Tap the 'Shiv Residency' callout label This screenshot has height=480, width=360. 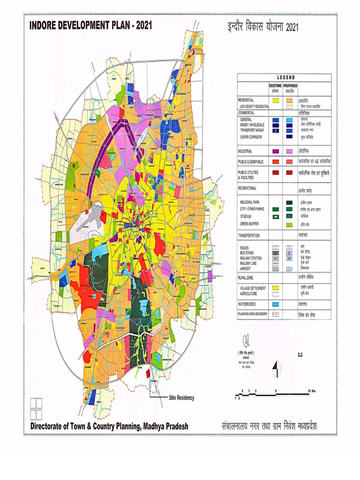[181, 397]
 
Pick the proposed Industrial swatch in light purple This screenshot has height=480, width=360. [290, 151]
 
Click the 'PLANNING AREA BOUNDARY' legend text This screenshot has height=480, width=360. [253, 314]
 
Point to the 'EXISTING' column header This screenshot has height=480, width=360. [275, 86]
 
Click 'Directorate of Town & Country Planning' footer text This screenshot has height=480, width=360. [109, 426]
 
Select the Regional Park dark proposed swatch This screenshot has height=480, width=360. [290, 202]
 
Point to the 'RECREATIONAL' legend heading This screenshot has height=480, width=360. [251, 188]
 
